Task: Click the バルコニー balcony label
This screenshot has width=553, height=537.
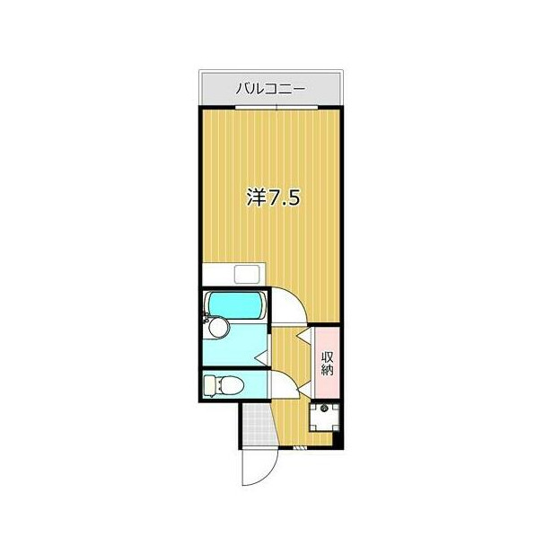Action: click(271, 89)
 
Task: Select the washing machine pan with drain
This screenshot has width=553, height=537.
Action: click(324, 415)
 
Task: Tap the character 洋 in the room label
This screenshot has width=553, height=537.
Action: click(255, 198)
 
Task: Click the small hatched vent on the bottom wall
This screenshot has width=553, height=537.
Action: click(299, 446)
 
